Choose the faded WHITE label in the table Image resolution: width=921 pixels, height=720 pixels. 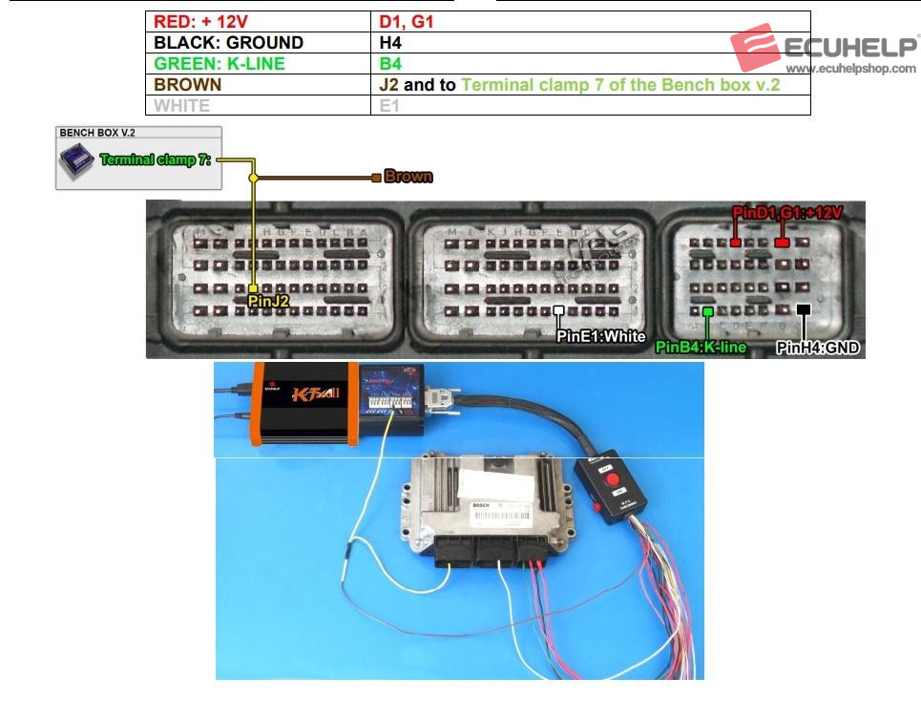[182, 105]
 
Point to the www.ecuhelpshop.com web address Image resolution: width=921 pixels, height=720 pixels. [850, 69]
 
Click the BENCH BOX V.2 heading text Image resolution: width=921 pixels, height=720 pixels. [97, 133]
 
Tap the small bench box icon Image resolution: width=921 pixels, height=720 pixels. [77, 163]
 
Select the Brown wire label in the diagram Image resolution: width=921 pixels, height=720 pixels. [408, 177]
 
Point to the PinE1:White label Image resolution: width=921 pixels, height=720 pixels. [601, 335]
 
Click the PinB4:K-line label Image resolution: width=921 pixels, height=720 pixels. [701, 347]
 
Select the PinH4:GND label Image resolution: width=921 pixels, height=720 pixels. [818, 348]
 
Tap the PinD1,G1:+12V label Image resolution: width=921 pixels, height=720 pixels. [787, 212]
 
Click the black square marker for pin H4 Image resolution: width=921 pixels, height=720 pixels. [804, 310]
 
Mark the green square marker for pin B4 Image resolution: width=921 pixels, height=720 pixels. [707, 311]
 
